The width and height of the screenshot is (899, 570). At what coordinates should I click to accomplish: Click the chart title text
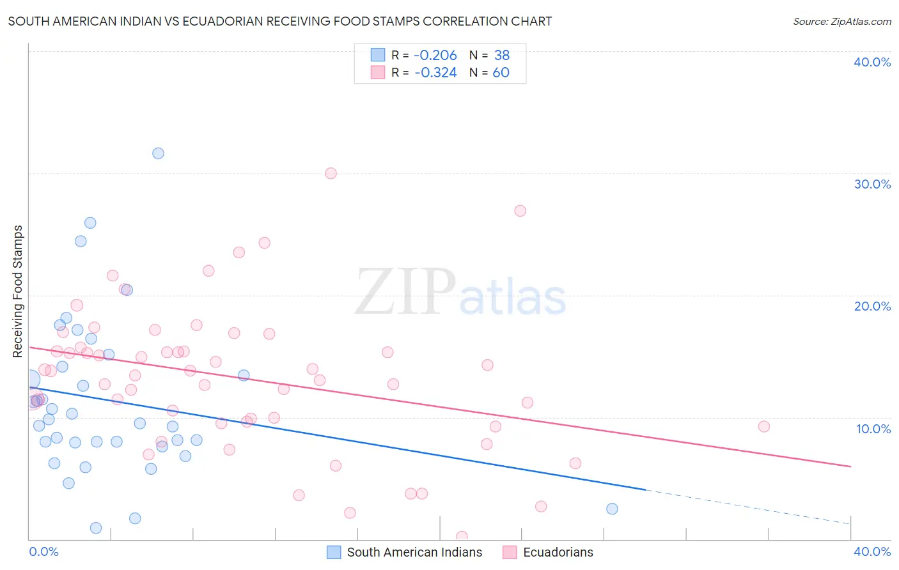[x=280, y=21]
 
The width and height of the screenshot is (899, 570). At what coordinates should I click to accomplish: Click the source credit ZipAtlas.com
[x=841, y=21]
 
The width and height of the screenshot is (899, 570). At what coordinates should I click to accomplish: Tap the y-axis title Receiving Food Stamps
[x=18, y=291]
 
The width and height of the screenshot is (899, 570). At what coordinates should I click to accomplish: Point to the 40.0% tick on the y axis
[x=872, y=62]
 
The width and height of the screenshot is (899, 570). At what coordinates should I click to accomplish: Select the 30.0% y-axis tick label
[x=872, y=184]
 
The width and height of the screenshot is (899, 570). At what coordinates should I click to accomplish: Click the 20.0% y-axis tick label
[x=872, y=306]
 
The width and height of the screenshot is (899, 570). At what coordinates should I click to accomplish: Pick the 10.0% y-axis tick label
[x=872, y=429]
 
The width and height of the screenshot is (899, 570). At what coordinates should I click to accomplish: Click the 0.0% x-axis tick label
[x=43, y=551]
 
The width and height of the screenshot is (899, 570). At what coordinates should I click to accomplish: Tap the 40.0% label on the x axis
[x=872, y=551]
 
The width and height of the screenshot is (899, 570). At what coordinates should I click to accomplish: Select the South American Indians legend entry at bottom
[x=405, y=552]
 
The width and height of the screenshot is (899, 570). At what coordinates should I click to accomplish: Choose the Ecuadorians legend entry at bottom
[x=549, y=552]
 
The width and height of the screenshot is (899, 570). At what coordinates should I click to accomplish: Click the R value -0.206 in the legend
[x=435, y=56]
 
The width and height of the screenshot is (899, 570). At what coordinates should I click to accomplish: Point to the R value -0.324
[x=435, y=73]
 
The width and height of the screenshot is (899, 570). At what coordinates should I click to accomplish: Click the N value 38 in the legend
[x=501, y=56]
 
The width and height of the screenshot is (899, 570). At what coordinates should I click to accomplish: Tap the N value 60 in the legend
[x=501, y=73]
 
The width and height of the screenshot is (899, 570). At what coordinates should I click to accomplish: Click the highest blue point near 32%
[x=158, y=153]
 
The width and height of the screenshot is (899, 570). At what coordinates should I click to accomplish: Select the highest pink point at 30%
[x=331, y=173]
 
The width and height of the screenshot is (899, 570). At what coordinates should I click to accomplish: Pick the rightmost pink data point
[x=763, y=427]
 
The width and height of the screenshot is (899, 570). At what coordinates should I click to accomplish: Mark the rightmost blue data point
[x=612, y=509]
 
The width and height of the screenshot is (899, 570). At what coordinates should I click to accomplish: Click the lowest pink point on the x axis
[x=462, y=537]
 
